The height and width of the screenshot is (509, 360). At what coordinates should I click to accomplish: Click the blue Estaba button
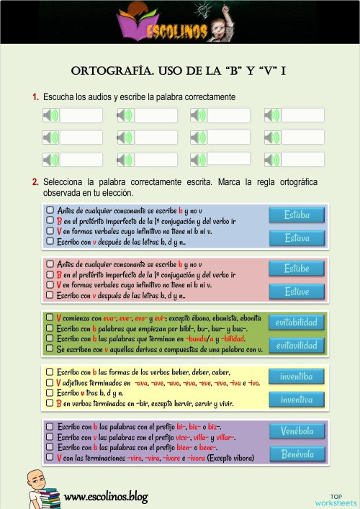[297, 215]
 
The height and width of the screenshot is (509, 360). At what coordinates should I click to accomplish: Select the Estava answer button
[297, 238]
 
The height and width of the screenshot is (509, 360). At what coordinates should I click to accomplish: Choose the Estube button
[297, 269]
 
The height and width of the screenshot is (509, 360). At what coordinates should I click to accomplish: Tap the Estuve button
[297, 292]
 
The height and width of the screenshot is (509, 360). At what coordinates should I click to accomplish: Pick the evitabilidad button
[296, 323]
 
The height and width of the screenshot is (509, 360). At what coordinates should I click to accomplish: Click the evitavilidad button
[296, 346]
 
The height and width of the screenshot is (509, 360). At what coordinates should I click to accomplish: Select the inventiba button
[296, 377]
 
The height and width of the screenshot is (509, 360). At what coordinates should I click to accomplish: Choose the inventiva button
[296, 399]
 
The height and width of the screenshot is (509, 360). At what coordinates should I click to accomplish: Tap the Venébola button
[297, 431]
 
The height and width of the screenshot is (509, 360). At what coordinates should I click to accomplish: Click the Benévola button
[297, 454]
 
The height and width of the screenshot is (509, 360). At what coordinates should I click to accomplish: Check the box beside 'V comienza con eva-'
[49, 317]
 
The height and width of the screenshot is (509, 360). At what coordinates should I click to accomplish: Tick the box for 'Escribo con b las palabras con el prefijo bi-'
[49, 426]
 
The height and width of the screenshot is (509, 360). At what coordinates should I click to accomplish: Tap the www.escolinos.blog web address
[106, 496]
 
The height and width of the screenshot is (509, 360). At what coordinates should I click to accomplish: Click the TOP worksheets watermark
[336, 499]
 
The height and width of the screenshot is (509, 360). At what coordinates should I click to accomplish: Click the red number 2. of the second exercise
[35, 182]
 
